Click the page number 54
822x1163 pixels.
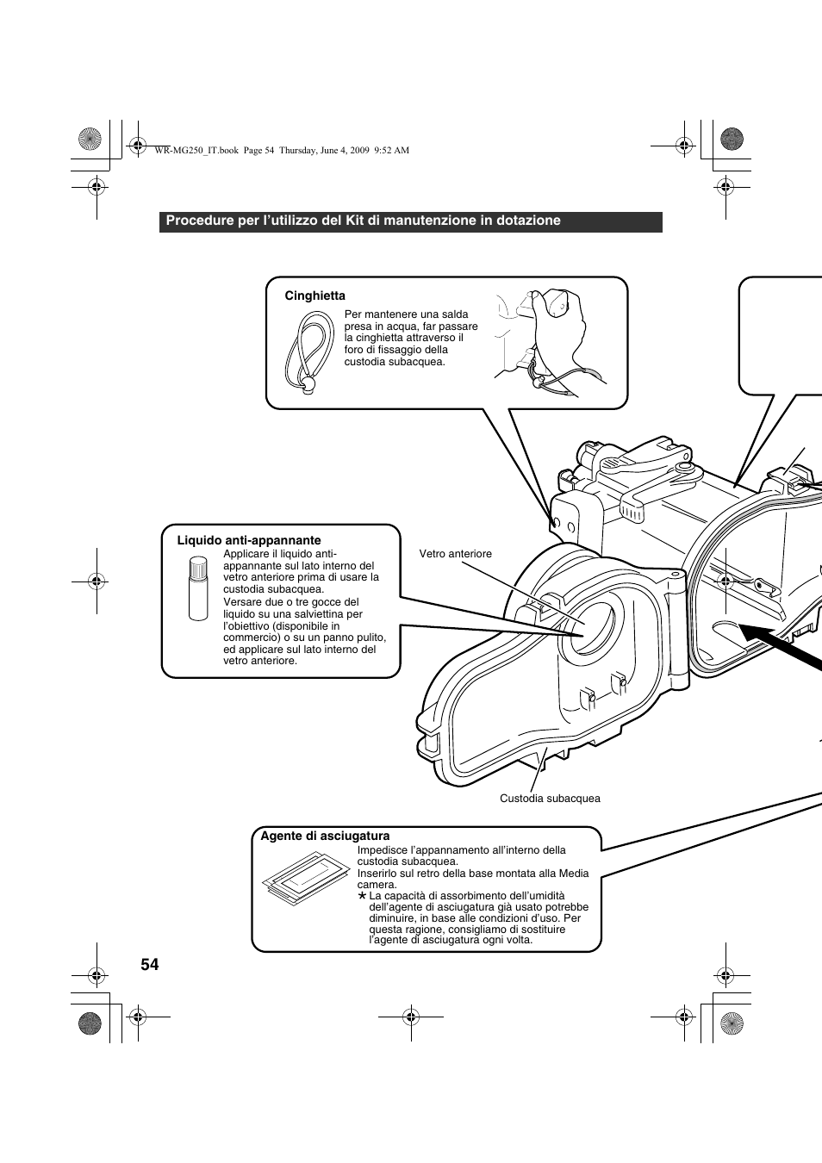click(149, 964)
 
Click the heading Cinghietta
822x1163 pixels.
click(314, 295)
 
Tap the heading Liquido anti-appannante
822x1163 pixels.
click(249, 540)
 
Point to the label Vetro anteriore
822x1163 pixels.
click(455, 554)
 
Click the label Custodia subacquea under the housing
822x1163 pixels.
click(550, 799)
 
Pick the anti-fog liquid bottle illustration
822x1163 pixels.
click(198, 588)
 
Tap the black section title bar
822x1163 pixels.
click(410, 221)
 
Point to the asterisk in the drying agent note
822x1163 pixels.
click(363, 896)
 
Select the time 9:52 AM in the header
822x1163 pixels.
click(391, 150)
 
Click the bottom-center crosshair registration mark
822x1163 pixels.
click(411, 1017)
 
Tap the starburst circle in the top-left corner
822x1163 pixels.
click(90, 138)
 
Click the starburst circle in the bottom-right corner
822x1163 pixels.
click(732, 1023)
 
